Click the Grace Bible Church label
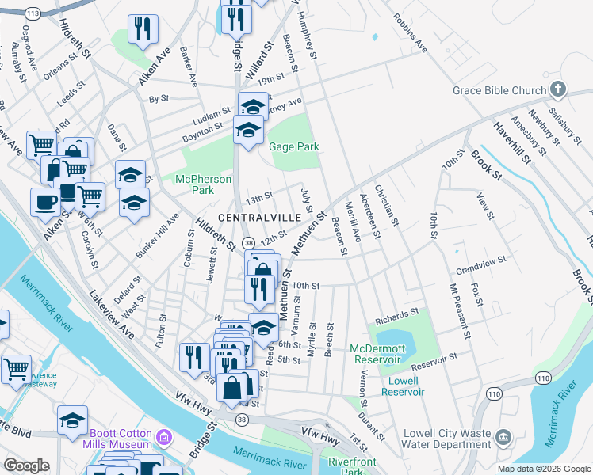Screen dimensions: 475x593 pos(499,90)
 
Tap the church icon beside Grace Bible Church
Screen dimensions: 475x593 pos(558,89)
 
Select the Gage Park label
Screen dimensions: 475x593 pos(293,146)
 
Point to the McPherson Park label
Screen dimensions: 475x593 pos(203,184)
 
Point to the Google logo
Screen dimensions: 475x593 pos(26,465)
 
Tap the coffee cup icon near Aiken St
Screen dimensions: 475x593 pos(44,201)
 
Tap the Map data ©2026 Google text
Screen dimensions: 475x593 pos(544,469)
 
